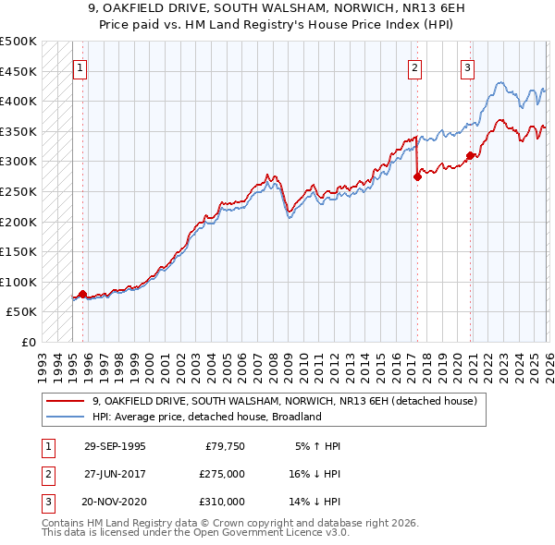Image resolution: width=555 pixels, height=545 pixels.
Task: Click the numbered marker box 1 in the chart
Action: tap(80, 67)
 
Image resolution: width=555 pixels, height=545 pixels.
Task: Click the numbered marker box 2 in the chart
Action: tap(414, 67)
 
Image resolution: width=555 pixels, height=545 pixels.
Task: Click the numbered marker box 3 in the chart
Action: tap(468, 67)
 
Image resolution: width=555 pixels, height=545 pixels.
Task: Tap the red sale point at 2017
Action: tap(417, 177)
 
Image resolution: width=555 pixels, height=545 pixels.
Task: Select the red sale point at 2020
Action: tap(470, 155)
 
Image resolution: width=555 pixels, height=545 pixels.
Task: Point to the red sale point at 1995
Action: tap(83, 294)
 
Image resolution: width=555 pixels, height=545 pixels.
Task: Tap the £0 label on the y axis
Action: tap(28, 342)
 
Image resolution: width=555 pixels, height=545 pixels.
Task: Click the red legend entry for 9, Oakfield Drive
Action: tap(284, 401)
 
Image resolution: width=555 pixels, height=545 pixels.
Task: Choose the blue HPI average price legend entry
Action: tap(205, 417)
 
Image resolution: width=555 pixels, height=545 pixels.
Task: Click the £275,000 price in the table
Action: tap(222, 474)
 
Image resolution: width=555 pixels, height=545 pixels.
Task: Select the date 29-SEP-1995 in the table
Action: tap(115, 446)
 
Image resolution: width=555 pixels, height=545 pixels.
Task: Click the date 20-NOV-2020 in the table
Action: tap(115, 502)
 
